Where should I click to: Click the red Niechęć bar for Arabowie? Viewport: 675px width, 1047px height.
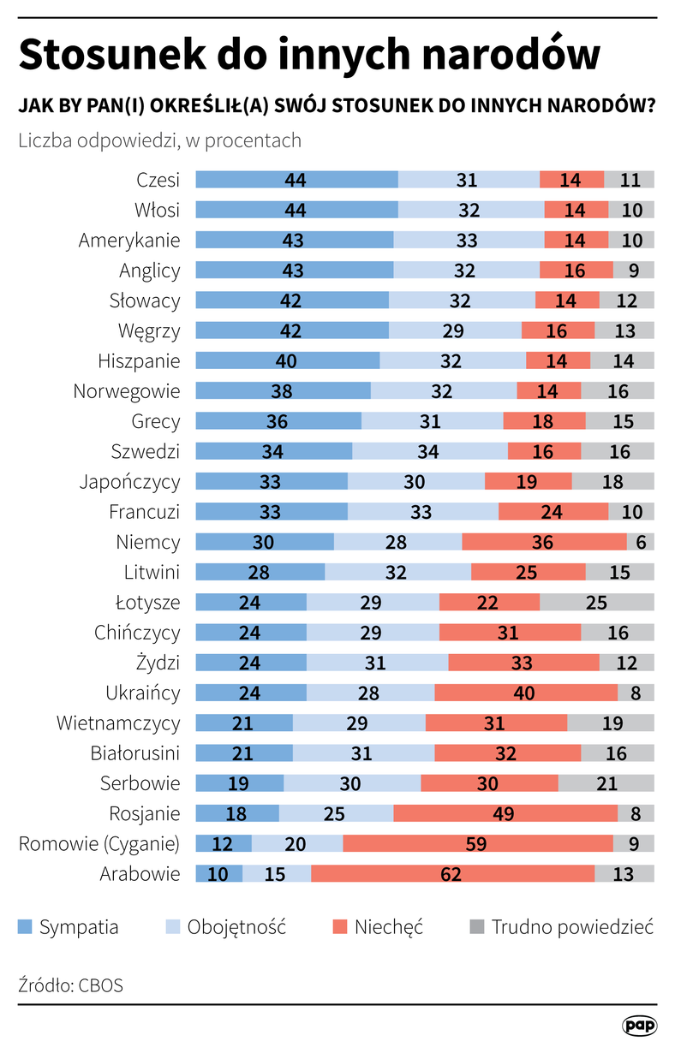[x=452, y=873]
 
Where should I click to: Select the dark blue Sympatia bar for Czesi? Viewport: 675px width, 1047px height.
[x=296, y=180]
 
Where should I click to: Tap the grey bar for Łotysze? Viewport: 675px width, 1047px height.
[x=596, y=602]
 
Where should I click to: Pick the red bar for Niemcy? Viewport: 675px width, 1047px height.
[x=544, y=542]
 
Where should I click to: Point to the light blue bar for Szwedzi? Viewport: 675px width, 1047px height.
[x=429, y=451]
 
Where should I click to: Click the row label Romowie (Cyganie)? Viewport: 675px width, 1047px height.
[x=99, y=843]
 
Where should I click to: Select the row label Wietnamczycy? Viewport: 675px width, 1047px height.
[x=118, y=723]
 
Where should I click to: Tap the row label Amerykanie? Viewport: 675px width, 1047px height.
[x=129, y=241]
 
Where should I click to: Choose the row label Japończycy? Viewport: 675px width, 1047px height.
[x=129, y=481]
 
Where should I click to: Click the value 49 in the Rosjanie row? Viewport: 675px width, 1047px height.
[x=505, y=813]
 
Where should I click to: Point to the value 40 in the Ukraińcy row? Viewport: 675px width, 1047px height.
[x=525, y=693]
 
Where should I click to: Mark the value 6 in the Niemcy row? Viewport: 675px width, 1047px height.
[x=640, y=542]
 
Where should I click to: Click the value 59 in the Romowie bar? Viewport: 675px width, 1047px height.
[x=476, y=843]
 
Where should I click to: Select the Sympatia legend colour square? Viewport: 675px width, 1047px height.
[x=25, y=926]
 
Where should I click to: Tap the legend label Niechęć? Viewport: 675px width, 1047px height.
[x=388, y=926]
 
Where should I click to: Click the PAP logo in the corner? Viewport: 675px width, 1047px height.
[x=638, y=1025]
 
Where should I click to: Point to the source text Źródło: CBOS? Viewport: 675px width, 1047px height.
[x=70, y=985]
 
